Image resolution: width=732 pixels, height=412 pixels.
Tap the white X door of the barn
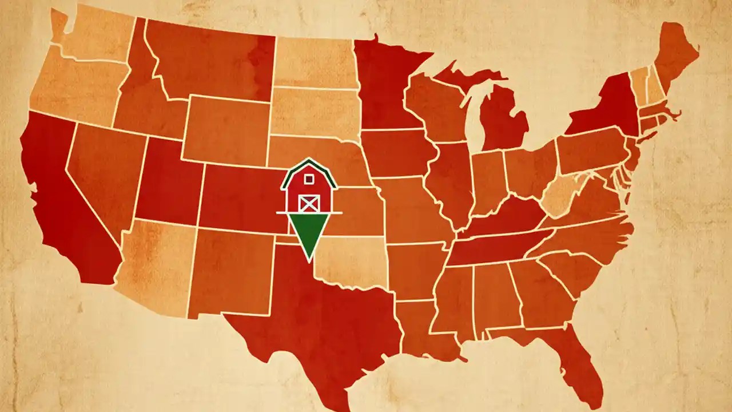tap(309, 203)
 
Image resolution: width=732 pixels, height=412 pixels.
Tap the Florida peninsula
tap(583, 360)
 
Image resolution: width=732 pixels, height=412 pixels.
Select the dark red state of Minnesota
tap(383, 86)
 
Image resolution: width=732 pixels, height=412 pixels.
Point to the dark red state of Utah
tap(169, 183)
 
